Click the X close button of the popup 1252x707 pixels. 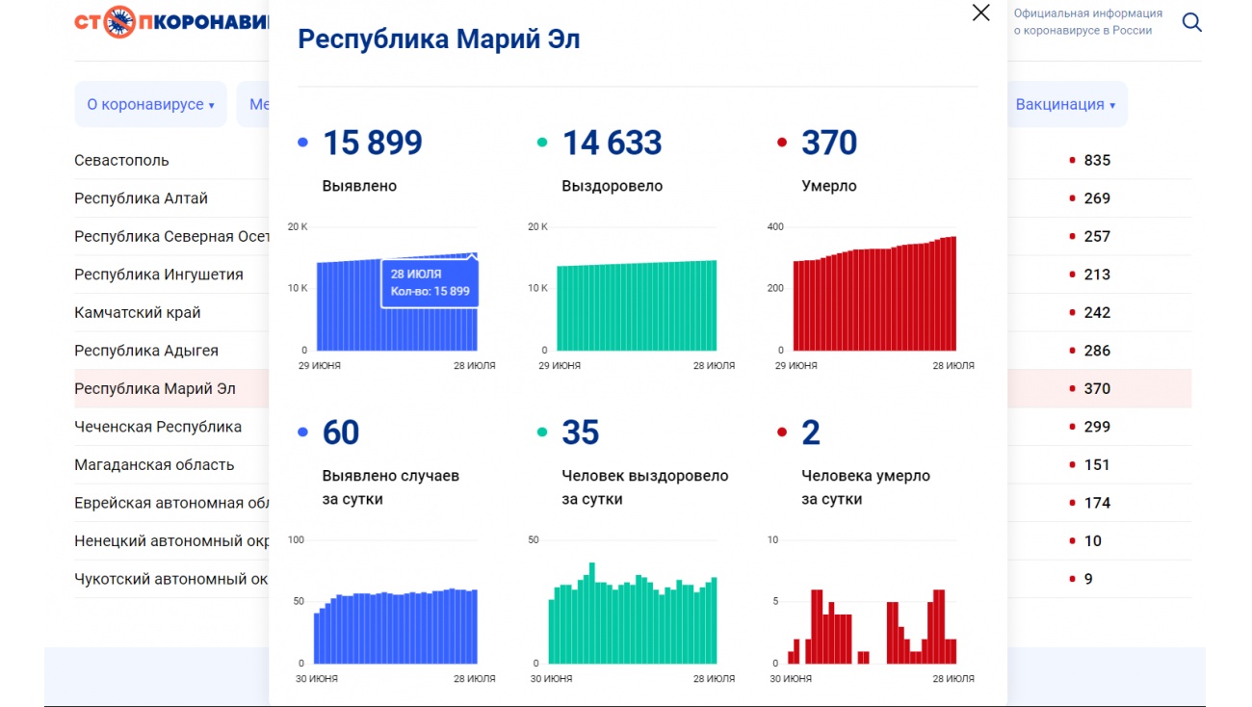[980, 13]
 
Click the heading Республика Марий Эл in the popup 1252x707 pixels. [438, 39]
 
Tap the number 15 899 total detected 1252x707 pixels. [372, 143]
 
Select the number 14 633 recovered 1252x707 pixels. [612, 143]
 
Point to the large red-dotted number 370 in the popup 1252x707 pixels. [829, 143]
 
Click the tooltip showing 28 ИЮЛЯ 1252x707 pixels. [430, 282]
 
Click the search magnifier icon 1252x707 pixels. [1191, 22]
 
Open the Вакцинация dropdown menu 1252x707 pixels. [1065, 104]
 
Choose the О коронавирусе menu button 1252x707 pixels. [150, 104]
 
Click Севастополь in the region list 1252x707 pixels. [121, 160]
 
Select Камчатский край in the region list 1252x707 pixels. [138, 312]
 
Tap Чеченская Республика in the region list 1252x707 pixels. [158, 427]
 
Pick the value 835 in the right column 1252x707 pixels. [1097, 160]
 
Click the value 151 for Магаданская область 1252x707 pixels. [1097, 464]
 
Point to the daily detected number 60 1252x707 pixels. [341, 432]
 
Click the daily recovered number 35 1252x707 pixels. [580, 432]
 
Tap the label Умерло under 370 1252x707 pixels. [828, 186]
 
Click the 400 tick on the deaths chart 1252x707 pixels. [775, 226]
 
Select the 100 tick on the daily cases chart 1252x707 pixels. [296, 539]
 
